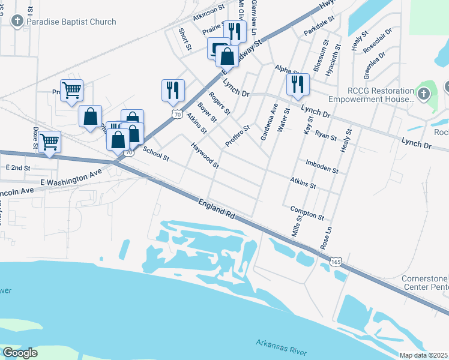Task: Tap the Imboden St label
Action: (x=322, y=166)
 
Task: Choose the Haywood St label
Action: (x=205, y=155)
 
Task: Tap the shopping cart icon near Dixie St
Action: (x=49, y=142)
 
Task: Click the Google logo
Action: (x=20, y=353)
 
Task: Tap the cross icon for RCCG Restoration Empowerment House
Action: (x=424, y=94)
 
